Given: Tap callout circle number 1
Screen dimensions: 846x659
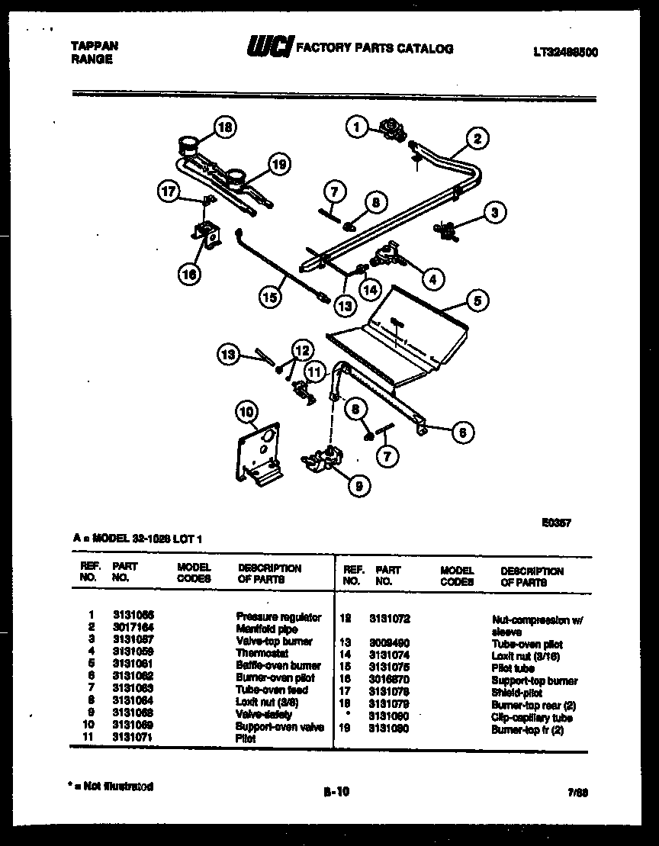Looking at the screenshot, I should (356, 127).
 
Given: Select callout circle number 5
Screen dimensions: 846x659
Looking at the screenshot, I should (477, 301).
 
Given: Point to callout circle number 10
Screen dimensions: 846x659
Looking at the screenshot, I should (246, 413).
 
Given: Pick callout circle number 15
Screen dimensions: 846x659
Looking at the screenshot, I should (269, 298).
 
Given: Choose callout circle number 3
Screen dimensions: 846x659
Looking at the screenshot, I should (495, 213).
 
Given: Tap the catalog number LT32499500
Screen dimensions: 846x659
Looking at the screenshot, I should (565, 52).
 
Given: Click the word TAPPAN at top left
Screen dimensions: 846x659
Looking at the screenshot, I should (94, 46).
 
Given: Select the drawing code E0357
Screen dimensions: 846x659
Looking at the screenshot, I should (556, 523).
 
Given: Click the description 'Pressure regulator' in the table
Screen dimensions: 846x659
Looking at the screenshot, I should (278, 616).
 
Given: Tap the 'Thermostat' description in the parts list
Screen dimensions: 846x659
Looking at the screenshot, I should (262, 653).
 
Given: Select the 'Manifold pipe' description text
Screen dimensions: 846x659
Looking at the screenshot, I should (266, 629).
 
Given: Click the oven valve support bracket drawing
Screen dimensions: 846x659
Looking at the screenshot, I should (258, 453).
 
